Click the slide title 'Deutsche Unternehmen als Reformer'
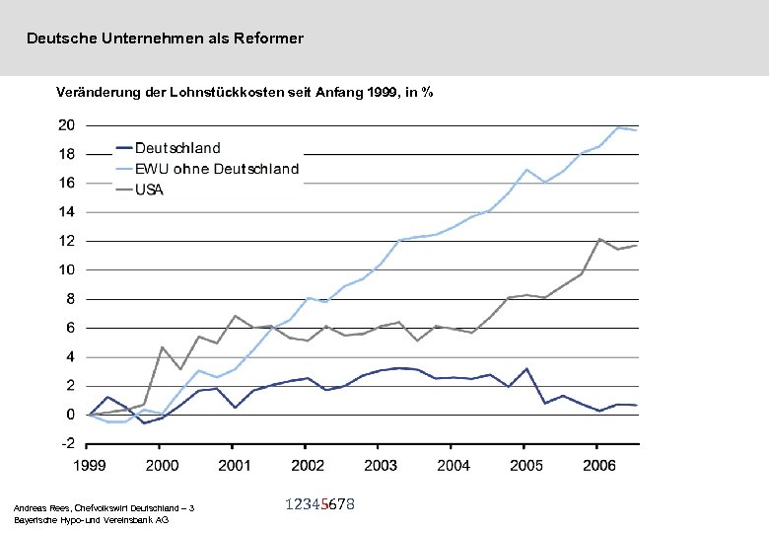pyautogui.click(x=165, y=38)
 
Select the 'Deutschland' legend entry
pyautogui.click(x=177, y=148)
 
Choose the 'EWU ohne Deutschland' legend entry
pyautogui.click(x=216, y=169)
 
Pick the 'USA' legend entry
pyautogui.click(x=150, y=190)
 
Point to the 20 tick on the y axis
pyautogui.click(x=66, y=125)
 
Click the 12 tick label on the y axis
pyautogui.click(x=66, y=241)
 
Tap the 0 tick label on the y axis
pyautogui.click(x=70, y=415)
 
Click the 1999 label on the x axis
pyautogui.click(x=89, y=465)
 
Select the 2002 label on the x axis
pyautogui.click(x=307, y=465)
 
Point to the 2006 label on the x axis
pyautogui.click(x=597, y=465)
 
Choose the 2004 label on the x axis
pyautogui.click(x=454, y=465)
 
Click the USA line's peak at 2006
pyautogui.click(x=600, y=239)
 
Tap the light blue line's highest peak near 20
pyautogui.click(x=618, y=127)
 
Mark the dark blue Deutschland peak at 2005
pyautogui.click(x=527, y=368)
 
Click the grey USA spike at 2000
pyautogui.click(x=163, y=347)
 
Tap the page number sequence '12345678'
pyautogui.click(x=319, y=504)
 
